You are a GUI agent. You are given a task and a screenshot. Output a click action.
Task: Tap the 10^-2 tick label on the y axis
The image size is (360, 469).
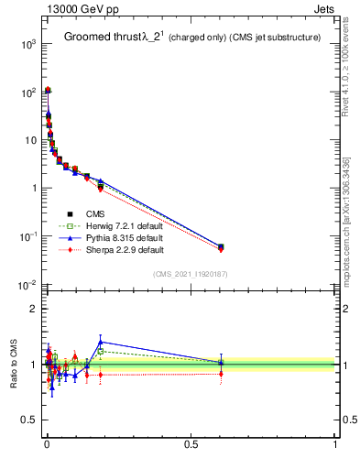(27, 285)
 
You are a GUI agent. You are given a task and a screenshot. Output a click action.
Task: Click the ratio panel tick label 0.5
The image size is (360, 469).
(28, 420)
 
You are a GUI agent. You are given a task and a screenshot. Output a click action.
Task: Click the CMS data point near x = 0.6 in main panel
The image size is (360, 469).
(221, 246)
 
